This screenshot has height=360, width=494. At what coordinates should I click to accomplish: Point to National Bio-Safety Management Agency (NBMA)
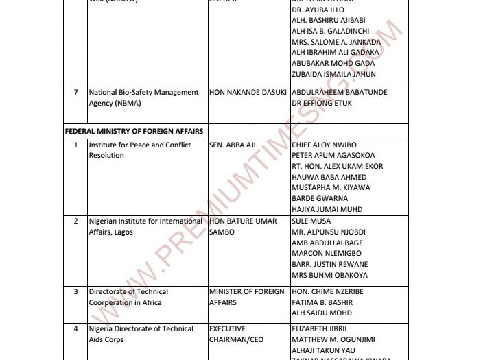143,97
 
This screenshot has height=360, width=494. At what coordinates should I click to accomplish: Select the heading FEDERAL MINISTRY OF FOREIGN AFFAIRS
134,130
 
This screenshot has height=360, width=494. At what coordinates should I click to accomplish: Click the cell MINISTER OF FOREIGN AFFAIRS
246,297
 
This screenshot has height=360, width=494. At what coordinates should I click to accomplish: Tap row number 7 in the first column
75,92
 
